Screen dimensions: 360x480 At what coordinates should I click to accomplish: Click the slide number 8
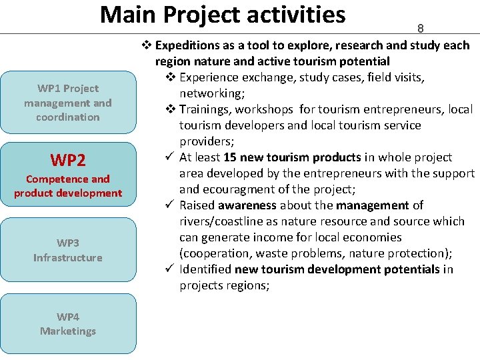(x=420, y=29)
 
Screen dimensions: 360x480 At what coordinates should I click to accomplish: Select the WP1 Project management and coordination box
(x=68, y=103)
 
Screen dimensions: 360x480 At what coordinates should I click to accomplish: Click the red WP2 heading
(x=68, y=160)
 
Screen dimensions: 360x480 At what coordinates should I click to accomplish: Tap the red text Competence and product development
(x=68, y=186)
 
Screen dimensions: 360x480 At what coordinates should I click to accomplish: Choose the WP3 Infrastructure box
(x=68, y=250)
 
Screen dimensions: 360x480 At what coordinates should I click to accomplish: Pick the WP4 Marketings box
(x=68, y=324)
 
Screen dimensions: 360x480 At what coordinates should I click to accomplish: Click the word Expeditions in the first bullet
(x=186, y=45)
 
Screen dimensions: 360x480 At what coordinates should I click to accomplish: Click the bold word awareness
(x=247, y=205)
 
